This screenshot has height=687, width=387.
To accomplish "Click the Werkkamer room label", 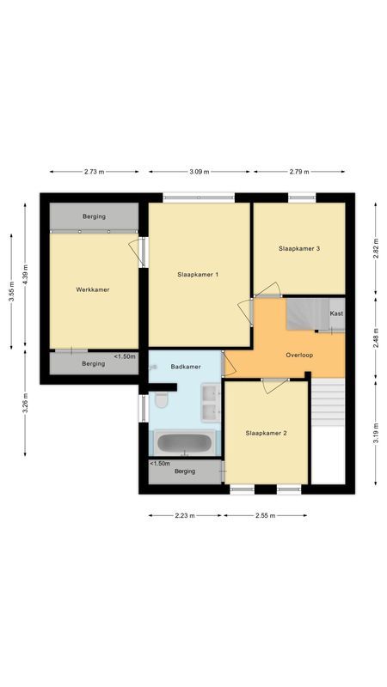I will pyautogui.click(x=92, y=289).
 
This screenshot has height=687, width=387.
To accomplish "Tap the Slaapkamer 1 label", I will pyautogui.click(x=198, y=274).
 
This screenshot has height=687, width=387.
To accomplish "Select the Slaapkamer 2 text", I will pyautogui.click(x=266, y=433).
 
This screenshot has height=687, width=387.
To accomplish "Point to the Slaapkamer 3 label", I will pyautogui.click(x=299, y=248).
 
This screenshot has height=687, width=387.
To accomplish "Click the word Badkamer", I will pyautogui.click(x=186, y=367).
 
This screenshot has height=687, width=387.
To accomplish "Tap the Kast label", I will pyautogui.click(x=336, y=313).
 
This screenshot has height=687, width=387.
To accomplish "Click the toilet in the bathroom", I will pyautogui.click(x=161, y=402).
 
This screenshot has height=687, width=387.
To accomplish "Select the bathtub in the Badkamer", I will pyautogui.click(x=185, y=444).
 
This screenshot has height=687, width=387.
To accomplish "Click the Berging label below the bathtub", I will pyautogui.click(x=185, y=471).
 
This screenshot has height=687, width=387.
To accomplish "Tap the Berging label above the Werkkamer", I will pyautogui.click(x=94, y=216).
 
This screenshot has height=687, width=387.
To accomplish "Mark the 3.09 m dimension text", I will pyautogui.click(x=200, y=172).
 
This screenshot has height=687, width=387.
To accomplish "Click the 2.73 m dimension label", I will pyautogui.click(x=94, y=172).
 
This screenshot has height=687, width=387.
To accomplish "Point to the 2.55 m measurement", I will pyautogui.click(x=265, y=516).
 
